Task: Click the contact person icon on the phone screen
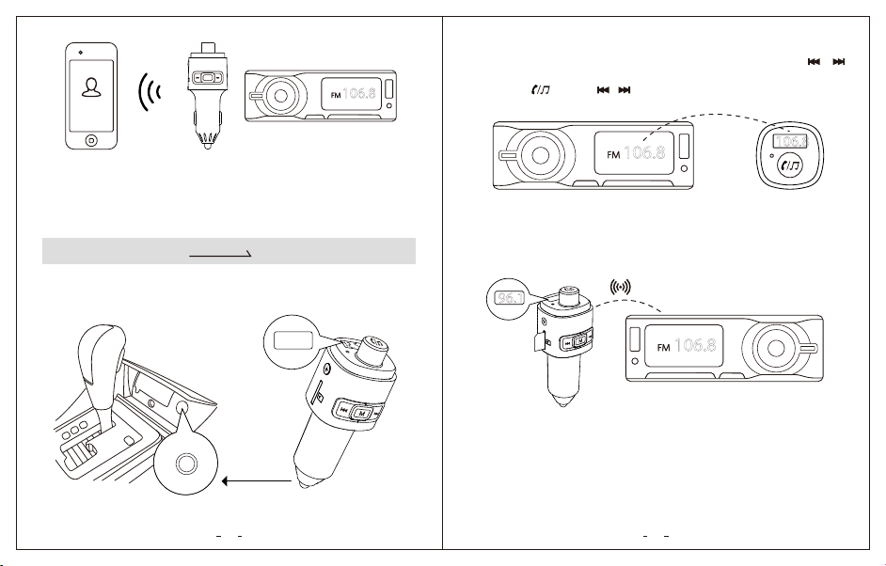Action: pyautogui.click(x=90, y=87)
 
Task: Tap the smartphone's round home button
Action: pyautogui.click(x=91, y=139)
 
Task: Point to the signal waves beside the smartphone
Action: pyautogui.click(x=150, y=91)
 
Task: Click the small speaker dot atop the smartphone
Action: pyautogui.click(x=81, y=53)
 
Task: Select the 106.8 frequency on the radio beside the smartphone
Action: pyautogui.click(x=358, y=93)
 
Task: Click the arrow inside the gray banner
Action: pyautogui.click(x=220, y=255)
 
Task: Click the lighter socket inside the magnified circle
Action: pyautogui.click(x=186, y=464)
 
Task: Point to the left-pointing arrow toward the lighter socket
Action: pyautogui.click(x=257, y=481)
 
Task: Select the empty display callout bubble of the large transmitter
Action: pyautogui.click(x=293, y=341)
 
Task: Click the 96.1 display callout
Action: pyautogui.click(x=510, y=298)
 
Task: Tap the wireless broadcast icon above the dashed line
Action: pyautogui.click(x=621, y=287)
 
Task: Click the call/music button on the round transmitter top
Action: pyautogui.click(x=790, y=165)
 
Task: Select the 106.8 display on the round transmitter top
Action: pyautogui.click(x=790, y=141)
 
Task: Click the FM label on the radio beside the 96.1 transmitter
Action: pyautogui.click(x=663, y=347)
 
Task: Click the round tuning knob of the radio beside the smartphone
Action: pyautogui.click(x=280, y=96)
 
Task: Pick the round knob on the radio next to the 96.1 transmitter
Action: pyautogui.click(x=776, y=348)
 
